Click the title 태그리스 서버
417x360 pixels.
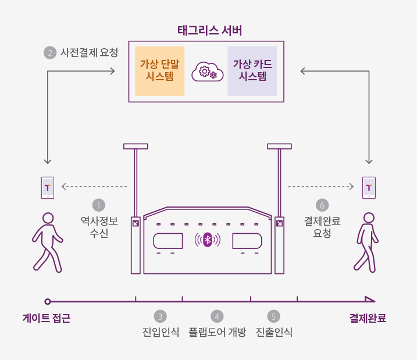pyautogui.click(x=209, y=30)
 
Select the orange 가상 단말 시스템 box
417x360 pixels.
pyautogui.click(x=160, y=70)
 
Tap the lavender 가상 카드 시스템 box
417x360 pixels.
pyautogui.click(x=252, y=70)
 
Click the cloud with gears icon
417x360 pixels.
pyautogui.click(x=207, y=71)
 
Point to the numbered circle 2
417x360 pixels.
pyautogui.click(x=50, y=52)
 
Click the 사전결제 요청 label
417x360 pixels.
pyautogui.click(x=89, y=52)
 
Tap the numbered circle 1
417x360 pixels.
pyautogui.click(x=99, y=205)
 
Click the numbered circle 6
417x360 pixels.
pyautogui.click(x=322, y=205)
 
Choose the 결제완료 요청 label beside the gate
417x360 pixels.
pyautogui.click(x=322, y=227)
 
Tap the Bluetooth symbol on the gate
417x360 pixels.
pyautogui.click(x=208, y=240)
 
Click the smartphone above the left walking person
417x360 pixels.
pyautogui.click(x=48, y=187)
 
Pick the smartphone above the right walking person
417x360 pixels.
pyautogui.click(x=369, y=187)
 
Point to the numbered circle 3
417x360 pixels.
pyautogui.click(x=161, y=316)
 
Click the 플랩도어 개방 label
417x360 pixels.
pyautogui.click(x=218, y=333)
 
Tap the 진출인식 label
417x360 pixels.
pyautogui.click(x=274, y=333)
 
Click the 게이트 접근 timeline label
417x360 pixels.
pyautogui.click(x=47, y=319)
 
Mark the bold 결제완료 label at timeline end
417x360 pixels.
pyautogui.click(x=368, y=319)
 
